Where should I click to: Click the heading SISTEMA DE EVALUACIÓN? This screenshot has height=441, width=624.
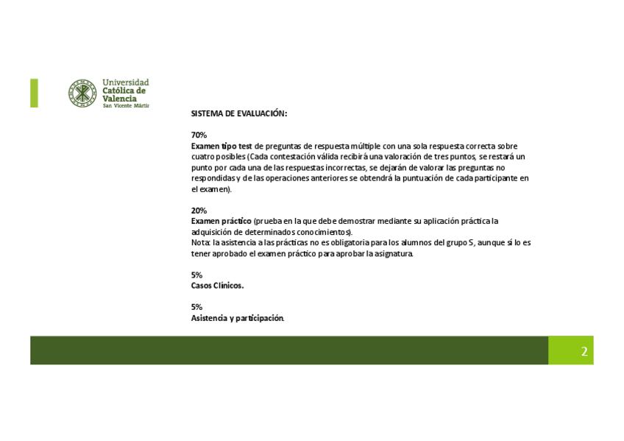pyautogui.click(x=238, y=114)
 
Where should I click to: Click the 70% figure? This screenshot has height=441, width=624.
pyautogui.click(x=199, y=135)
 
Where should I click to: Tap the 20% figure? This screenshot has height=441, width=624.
pyautogui.click(x=199, y=211)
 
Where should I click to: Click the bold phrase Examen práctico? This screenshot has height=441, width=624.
pyautogui.click(x=221, y=221)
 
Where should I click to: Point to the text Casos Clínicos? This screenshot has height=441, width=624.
pyautogui.click(x=217, y=286)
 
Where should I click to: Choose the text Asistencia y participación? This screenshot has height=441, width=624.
pyautogui.click(x=237, y=318)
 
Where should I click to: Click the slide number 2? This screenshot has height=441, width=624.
pyautogui.click(x=584, y=351)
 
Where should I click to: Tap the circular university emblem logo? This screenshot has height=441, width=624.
pyautogui.click(x=83, y=94)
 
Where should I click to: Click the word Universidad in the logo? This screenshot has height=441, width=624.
pyautogui.click(x=126, y=82)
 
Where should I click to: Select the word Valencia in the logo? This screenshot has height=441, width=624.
pyautogui.click(x=119, y=98)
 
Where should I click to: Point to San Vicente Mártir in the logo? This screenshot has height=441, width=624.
pyautogui.click(x=126, y=106)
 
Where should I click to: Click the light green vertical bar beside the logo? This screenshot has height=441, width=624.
pyautogui.click(x=34, y=93)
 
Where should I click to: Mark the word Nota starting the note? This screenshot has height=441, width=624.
pyautogui.click(x=199, y=242)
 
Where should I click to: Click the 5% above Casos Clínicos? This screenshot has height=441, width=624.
pyautogui.click(x=196, y=275)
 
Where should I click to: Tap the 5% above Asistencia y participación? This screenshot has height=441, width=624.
pyautogui.click(x=196, y=308)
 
